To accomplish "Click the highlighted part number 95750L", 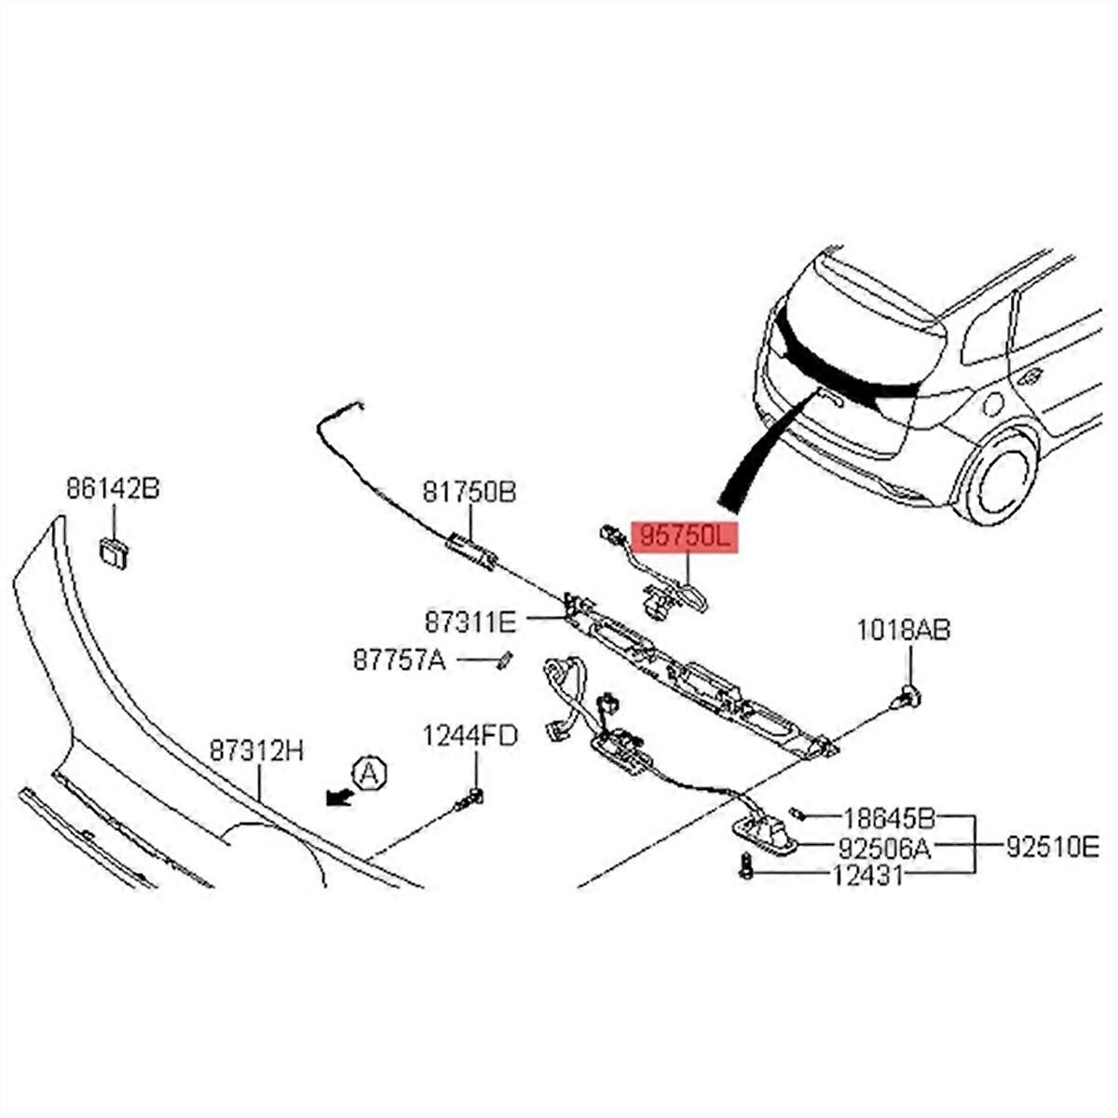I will (x=686, y=538).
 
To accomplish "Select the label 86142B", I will (x=112, y=487).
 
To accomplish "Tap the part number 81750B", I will (x=469, y=491).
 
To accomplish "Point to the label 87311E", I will (x=470, y=620).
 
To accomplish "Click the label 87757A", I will (x=400, y=661).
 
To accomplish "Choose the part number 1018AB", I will (x=904, y=632).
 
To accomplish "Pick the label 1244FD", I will (x=470, y=736).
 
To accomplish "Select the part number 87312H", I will (x=256, y=750).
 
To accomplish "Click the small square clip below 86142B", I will (x=113, y=551).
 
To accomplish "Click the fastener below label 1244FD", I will (x=471, y=798).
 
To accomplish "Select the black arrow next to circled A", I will (x=335, y=795).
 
